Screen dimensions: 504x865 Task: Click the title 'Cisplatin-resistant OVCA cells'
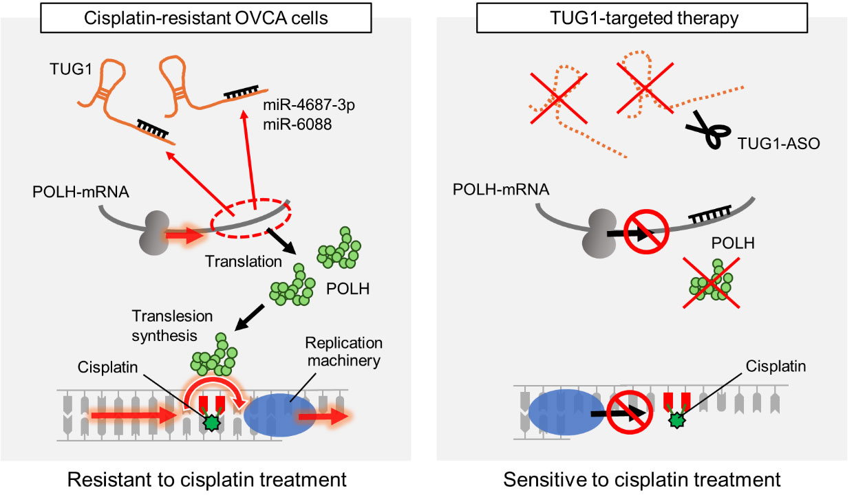point(206,19)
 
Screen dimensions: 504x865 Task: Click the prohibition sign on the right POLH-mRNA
point(646,232)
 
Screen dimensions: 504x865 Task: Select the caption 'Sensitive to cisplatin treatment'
point(642,479)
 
